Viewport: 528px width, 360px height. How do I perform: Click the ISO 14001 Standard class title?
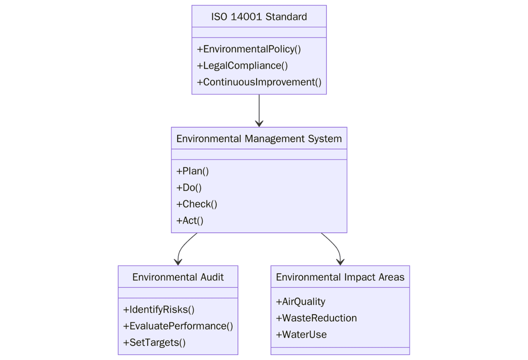click(259, 17)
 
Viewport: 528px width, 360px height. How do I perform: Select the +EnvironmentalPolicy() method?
click(249, 49)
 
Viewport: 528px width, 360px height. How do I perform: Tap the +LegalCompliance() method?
click(242, 66)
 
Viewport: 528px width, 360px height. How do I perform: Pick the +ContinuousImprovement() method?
click(259, 82)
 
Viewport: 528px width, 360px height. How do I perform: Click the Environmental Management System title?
click(259, 139)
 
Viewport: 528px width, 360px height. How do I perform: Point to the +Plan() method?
click(193, 171)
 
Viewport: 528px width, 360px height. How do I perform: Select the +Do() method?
click(189, 188)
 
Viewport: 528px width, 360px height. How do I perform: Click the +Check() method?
click(197, 204)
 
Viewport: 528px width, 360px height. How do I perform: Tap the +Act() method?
click(190, 221)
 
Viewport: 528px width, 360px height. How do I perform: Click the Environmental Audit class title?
click(178, 277)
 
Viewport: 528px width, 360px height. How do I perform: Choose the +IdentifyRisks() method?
click(159, 310)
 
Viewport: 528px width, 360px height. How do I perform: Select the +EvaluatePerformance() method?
click(178, 326)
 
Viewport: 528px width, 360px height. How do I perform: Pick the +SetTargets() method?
click(154, 342)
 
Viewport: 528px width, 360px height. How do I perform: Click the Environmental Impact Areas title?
click(340, 277)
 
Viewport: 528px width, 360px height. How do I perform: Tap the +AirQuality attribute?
click(301, 302)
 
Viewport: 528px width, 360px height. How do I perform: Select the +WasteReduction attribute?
click(316, 318)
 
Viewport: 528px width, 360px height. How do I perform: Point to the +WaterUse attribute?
click(301, 335)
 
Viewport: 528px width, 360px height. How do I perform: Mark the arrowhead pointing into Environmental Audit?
click(178, 262)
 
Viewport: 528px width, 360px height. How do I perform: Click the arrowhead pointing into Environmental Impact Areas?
click(340, 262)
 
